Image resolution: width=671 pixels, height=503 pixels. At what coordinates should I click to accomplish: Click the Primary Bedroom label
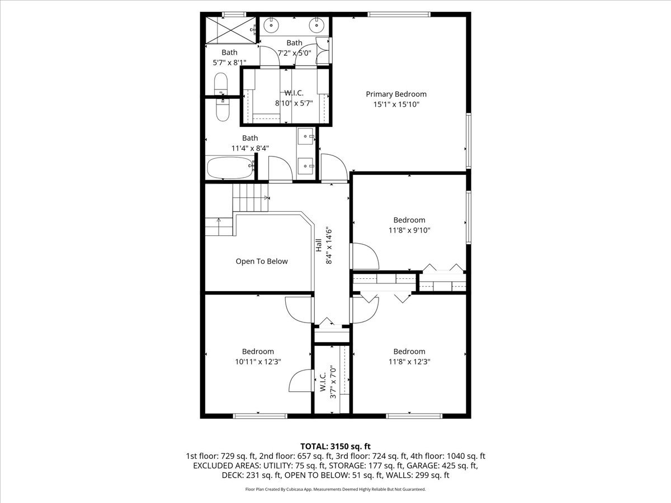(x=396, y=94)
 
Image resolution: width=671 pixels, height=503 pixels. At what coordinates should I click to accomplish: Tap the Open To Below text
(x=262, y=261)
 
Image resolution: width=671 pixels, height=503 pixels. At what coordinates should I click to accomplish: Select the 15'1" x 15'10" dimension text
(x=396, y=105)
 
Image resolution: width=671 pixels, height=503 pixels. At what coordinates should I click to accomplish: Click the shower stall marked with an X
(x=231, y=30)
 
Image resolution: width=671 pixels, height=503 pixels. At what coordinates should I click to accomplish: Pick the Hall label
(x=319, y=245)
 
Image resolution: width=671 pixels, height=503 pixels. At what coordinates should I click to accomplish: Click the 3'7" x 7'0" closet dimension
(x=333, y=382)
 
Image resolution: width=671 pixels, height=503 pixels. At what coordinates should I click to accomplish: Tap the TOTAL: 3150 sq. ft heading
(x=335, y=447)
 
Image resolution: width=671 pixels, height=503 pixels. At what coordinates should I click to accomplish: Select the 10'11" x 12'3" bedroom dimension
(x=258, y=362)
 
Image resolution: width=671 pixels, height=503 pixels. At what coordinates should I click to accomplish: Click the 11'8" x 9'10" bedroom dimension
(x=409, y=230)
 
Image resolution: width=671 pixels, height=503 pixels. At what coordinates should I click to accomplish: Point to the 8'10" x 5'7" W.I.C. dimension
(x=294, y=103)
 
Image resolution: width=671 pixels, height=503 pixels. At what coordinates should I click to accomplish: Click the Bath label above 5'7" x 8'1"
(x=229, y=53)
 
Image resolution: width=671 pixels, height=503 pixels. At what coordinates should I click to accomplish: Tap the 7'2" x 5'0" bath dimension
(x=294, y=53)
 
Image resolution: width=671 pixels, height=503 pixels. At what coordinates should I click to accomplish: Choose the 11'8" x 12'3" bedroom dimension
(x=409, y=362)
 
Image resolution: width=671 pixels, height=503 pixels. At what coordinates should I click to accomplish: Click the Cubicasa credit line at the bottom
(x=335, y=489)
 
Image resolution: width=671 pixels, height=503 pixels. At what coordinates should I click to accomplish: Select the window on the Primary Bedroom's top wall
(x=399, y=15)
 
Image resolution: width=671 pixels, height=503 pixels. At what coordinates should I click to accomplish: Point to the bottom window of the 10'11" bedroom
(x=260, y=416)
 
